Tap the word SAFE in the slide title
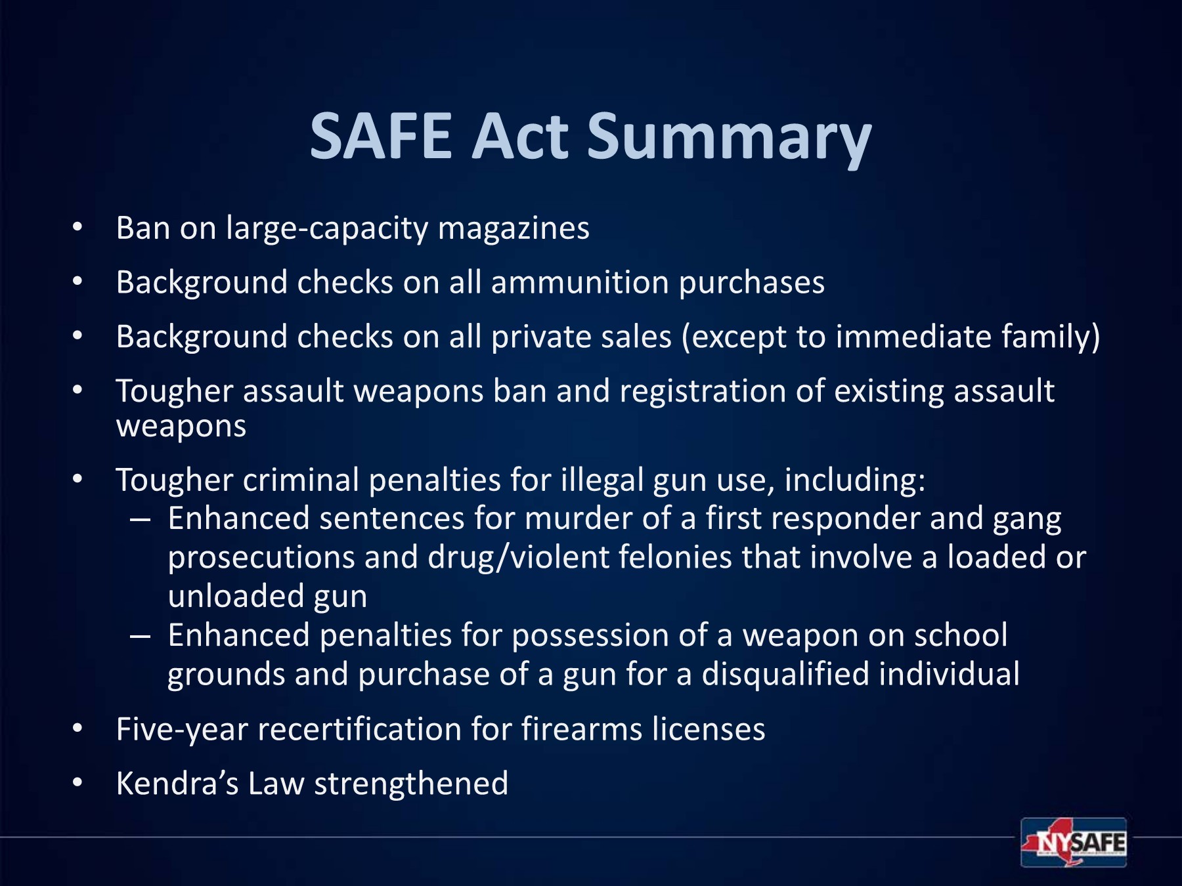click(382, 136)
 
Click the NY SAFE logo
click(1074, 842)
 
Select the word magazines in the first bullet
click(514, 229)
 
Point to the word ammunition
click(579, 283)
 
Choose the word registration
click(703, 392)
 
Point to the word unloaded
click(236, 597)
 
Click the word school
click(961, 635)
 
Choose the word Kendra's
click(177, 784)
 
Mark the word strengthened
click(411, 784)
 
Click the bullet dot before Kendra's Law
click(77, 782)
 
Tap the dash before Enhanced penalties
click(140, 637)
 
